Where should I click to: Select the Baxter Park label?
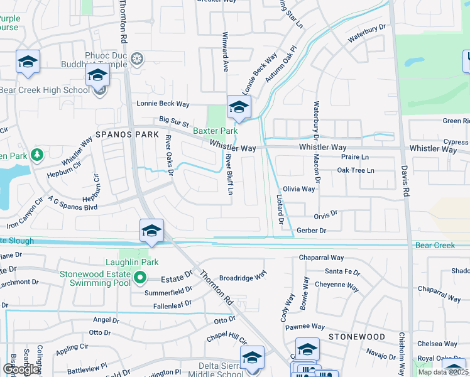click(x=215, y=131)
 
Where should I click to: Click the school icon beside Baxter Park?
click(x=239, y=108)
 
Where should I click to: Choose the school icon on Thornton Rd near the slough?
click(x=151, y=232)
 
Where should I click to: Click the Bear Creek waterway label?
click(x=435, y=245)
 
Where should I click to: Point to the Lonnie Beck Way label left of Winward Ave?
click(x=164, y=104)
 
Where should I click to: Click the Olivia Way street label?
click(x=298, y=188)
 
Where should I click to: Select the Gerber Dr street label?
click(x=312, y=231)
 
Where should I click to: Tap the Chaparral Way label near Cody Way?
click(x=321, y=258)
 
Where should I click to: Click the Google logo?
click(x=21, y=369)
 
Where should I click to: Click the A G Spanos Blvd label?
click(x=73, y=203)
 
